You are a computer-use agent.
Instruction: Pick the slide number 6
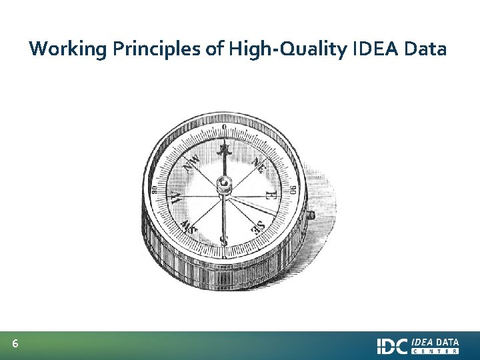coord(15,345)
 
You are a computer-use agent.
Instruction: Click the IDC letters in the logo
coord(392,346)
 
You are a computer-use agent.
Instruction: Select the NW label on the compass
coord(192,161)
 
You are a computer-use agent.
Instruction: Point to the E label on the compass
coord(271,196)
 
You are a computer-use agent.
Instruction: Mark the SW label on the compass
coord(188,225)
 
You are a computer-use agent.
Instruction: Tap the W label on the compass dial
coord(175,197)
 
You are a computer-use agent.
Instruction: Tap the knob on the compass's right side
coord(310,215)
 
